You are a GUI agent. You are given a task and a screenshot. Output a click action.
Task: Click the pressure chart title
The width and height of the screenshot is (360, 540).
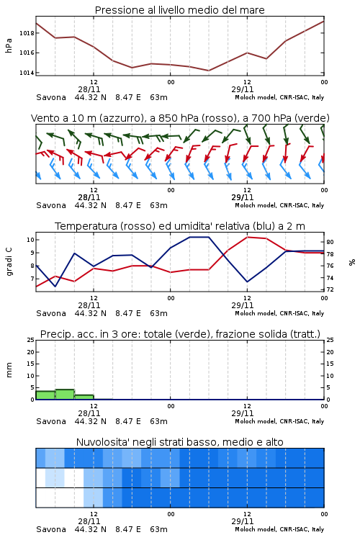coord(179,10)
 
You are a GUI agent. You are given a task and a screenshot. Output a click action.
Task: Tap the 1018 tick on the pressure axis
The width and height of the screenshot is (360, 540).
coord(27,33)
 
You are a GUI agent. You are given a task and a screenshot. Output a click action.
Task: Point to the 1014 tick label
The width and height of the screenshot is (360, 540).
coord(27,73)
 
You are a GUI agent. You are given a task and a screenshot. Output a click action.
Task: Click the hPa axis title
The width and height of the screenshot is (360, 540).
coord(9,45)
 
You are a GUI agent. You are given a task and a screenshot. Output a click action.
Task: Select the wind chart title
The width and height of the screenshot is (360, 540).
coord(180,118)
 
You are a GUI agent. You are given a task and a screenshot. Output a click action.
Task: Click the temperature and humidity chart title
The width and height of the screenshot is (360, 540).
coord(180,226)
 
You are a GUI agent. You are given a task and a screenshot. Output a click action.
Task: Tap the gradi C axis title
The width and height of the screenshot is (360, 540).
coord(9,261)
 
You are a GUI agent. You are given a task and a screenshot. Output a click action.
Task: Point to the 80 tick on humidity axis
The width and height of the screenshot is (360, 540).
coord(330,242)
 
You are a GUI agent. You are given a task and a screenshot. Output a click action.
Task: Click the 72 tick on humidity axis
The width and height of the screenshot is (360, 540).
coord(330,289)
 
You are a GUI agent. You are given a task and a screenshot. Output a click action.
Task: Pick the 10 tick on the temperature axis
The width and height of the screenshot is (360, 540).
coord(31,240)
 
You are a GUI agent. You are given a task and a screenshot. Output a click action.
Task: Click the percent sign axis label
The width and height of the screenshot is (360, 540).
coord(352,262)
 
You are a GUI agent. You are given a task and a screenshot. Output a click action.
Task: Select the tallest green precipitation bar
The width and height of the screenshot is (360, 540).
coord(65,395)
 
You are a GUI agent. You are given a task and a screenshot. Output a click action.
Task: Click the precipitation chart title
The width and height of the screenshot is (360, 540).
coord(180,334)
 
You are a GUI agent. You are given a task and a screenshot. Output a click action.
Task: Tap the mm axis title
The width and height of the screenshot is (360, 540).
coord(9,370)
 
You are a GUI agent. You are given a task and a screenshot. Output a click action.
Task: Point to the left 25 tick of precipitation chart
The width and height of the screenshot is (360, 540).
coord(31,340)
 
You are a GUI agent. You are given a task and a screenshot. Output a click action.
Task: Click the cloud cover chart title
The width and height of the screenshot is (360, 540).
coord(179,442)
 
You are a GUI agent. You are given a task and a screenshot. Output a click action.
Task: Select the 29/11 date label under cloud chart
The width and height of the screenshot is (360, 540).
coord(243,521)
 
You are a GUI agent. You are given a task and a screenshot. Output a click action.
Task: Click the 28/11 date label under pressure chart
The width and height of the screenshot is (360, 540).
coord(89,89)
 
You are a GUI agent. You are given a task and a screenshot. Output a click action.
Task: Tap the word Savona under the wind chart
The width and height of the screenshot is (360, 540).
coord(51,206)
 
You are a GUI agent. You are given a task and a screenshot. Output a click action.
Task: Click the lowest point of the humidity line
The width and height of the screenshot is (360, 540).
coord(55,287)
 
